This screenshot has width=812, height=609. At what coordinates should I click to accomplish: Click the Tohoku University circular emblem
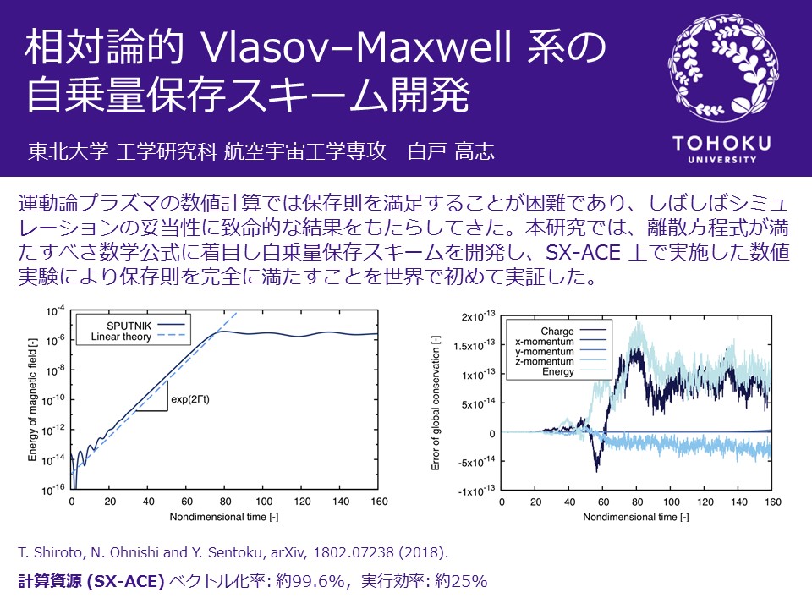(x=723, y=68)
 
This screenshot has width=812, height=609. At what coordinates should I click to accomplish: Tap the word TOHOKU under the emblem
(x=721, y=143)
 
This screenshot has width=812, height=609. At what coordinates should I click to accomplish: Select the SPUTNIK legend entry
(x=145, y=326)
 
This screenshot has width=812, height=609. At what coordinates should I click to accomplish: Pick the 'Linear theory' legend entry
(x=138, y=337)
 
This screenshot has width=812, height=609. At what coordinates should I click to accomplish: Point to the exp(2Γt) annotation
(x=190, y=399)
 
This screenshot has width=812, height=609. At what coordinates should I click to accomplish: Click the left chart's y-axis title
(x=32, y=399)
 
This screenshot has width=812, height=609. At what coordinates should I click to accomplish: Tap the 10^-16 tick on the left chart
(x=55, y=489)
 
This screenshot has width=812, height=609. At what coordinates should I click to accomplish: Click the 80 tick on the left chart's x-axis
(x=225, y=502)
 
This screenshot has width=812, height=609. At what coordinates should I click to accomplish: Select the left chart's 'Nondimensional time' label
(x=223, y=517)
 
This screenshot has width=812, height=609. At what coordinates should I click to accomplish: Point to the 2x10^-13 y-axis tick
(x=478, y=315)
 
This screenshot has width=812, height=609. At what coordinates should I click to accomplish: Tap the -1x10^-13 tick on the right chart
(x=476, y=491)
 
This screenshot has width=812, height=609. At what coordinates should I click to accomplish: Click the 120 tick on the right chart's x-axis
(x=705, y=502)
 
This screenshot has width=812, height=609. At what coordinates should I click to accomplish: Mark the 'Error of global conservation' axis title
(x=436, y=403)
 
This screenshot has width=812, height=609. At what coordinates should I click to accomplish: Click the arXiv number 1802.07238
(x=354, y=552)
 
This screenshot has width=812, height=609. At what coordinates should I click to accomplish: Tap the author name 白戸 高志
(x=451, y=151)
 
